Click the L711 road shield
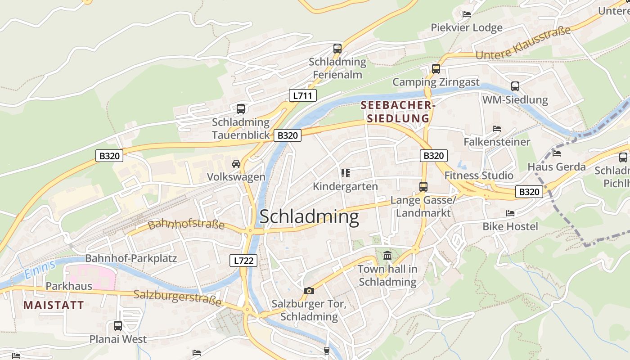[302, 95]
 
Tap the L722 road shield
[243, 260]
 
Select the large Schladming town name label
[309, 217]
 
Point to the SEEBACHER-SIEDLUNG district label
[398, 112]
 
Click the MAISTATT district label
[54, 305]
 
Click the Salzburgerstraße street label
[178, 298]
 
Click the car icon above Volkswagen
[236, 164]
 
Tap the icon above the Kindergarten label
[345, 173]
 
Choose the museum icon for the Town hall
[387, 256]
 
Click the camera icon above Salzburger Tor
[309, 291]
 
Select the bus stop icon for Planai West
[118, 326]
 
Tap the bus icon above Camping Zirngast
[436, 69]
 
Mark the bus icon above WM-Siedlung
[515, 86]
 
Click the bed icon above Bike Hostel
[510, 213]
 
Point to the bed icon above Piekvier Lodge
[467, 14]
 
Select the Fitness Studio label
[479, 175]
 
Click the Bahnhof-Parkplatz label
[131, 258]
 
